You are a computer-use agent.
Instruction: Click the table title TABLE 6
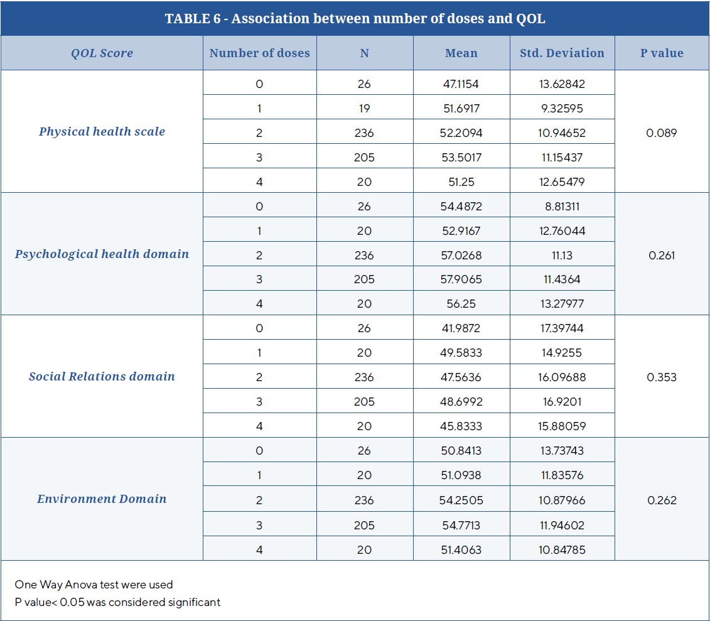pyautogui.click(x=355, y=18)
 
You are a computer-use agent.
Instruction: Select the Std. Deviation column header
pyautogui.click(x=562, y=53)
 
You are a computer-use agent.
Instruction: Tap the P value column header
pyautogui.click(x=662, y=53)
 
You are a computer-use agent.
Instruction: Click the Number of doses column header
pyautogui.click(x=259, y=53)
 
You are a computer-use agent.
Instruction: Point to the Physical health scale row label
pyautogui.click(x=102, y=132)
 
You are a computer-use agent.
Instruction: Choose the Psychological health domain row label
pyautogui.click(x=102, y=254)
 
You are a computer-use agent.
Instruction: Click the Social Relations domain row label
pyautogui.click(x=102, y=377)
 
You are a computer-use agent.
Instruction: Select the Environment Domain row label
pyautogui.click(x=102, y=499)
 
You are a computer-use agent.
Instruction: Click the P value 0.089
pyautogui.click(x=662, y=133)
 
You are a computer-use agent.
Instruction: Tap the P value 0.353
pyautogui.click(x=662, y=377)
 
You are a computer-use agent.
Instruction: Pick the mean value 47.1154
pyautogui.click(x=461, y=84)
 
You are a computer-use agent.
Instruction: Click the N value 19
pyautogui.click(x=364, y=109)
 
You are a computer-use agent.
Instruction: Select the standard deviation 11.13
pyautogui.click(x=562, y=256)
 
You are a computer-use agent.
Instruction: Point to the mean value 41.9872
pyautogui.click(x=461, y=328)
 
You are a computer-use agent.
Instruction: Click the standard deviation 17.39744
pyautogui.click(x=562, y=328)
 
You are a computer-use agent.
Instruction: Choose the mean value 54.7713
pyautogui.click(x=461, y=525)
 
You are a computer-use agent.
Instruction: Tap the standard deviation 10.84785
pyautogui.click(x=562, y=550)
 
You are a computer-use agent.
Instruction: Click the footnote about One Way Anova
pyautogui.click(x=94, y=585)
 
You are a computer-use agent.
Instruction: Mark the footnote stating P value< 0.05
pyautogui.click(x=117, y=602)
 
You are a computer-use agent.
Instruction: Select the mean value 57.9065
pyautogui.click(x=461, y=280)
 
